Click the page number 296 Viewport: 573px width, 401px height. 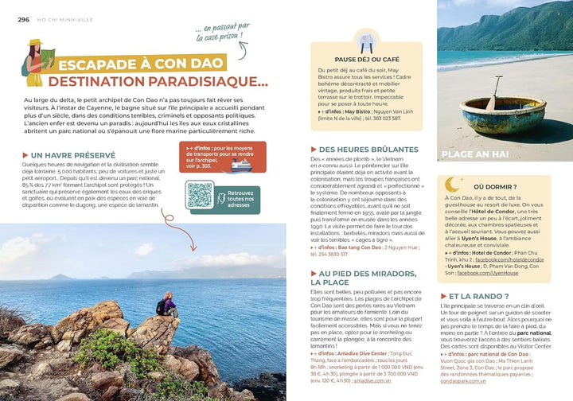pos(23,20)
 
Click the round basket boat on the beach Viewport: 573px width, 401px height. pos(491,113)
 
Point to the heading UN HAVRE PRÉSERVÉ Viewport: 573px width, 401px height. pos(76,155)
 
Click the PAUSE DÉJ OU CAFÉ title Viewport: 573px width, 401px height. pos(367,59)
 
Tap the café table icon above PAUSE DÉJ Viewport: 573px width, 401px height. pos(367,40)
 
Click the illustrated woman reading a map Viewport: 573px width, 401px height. pos(36,62)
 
